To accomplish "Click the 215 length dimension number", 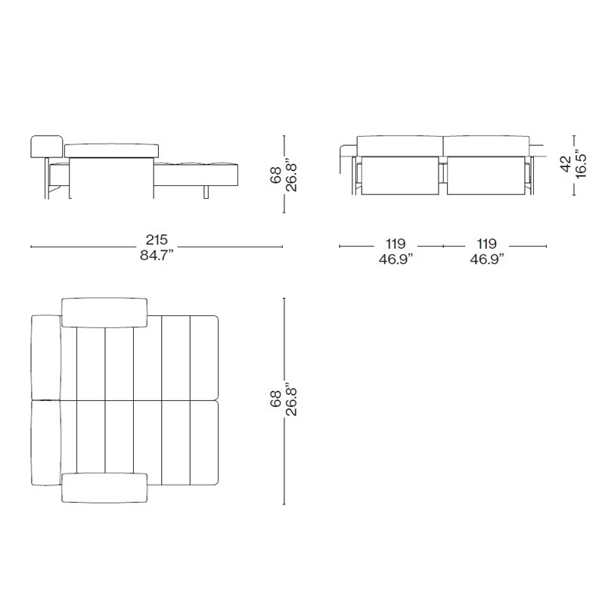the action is pos(157,240).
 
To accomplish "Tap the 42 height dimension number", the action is pos(566,163).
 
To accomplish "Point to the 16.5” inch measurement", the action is pos(581,165).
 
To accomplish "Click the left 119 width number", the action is pos(396,244).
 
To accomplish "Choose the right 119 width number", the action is pos(486,244).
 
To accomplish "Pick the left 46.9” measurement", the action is pos(396,259).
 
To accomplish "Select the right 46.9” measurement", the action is pos(487,259).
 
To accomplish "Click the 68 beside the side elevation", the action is pos(276,175).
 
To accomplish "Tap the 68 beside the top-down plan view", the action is pos(276,399).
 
